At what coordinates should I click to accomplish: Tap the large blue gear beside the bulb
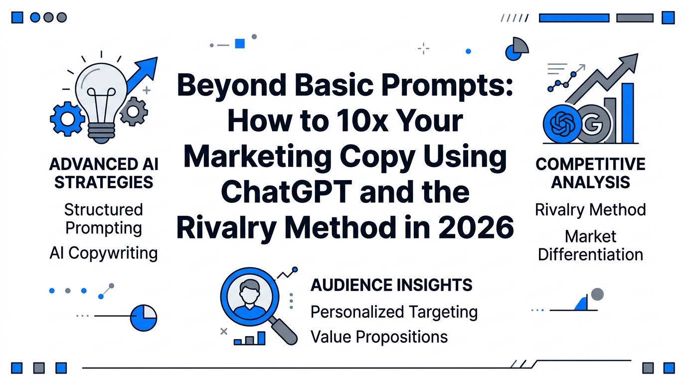coord(67,118)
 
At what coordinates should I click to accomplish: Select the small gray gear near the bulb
coord(134,111)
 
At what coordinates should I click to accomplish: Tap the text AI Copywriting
coord(104,253)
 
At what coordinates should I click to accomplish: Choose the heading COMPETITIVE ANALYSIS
coord(590,173)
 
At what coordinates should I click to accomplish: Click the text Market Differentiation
coord(590,245)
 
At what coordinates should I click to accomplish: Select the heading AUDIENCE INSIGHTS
coord(391,285)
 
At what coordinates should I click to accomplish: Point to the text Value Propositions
coord(379,337)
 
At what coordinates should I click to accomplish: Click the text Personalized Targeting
coord(394,312)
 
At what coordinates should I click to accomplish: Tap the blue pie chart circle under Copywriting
coord(144,318)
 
